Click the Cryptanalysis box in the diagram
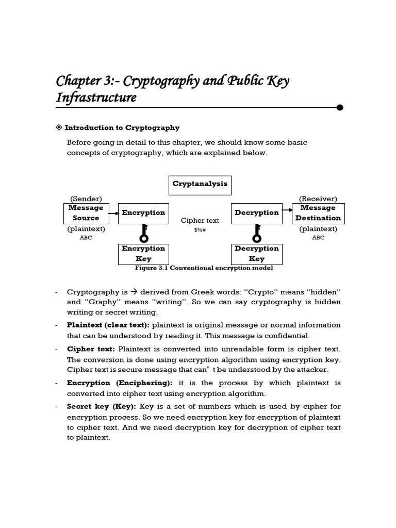(x=200, y=185)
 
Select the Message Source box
(x=86, y=213)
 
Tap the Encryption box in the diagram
(x=143, y=213)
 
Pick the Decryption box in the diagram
(x=256, y=213)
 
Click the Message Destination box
(x=318, y=213)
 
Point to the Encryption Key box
(x=143, y=254)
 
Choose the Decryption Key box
(x=256, y=254)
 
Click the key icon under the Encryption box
(x=143, y=234)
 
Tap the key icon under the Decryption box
(x=257, y=234)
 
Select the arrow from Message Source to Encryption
(x=112, y=213)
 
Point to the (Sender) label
(x=86, y=199)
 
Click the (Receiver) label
(x=318, y=199)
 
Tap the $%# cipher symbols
(x=200, y=230)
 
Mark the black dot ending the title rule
(x=340, y=107)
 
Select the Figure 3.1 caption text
(x=204, y=268)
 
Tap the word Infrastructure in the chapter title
(x=96, y=97)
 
